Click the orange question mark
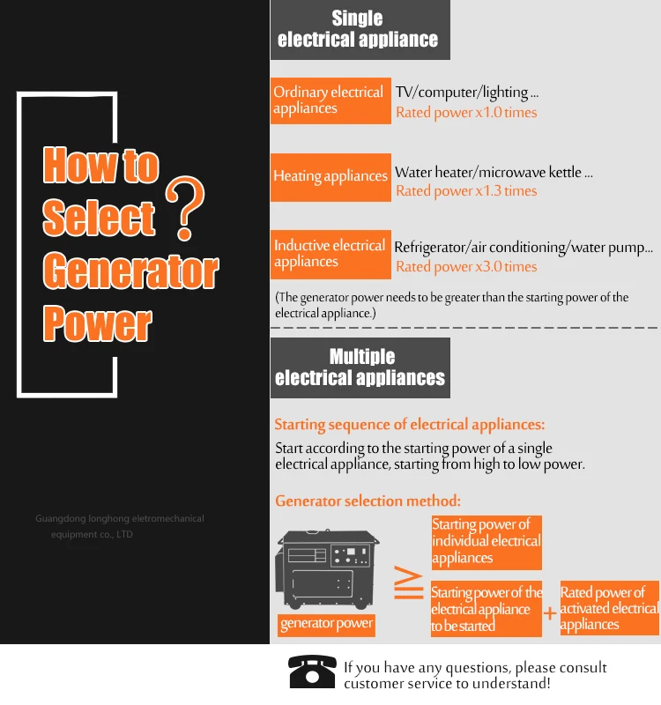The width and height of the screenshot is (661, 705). tap(184, 208)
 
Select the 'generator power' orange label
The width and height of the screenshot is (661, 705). tap(326, 624)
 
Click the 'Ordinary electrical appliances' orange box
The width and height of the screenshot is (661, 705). tap(329, 100)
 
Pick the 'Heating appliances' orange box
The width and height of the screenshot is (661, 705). tap(330, 176)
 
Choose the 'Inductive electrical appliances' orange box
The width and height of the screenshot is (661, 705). tap(330, 253)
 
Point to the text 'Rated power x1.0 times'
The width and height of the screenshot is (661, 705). tap(466, 113)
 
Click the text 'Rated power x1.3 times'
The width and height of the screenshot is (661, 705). tap(466, 191)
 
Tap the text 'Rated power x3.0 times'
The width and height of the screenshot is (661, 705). tap(466, 267)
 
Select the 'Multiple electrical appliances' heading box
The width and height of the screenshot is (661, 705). tap(360, 367)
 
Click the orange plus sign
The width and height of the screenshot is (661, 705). tap(550, 612)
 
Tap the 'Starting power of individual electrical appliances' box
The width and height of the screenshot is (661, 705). tap(486, 542)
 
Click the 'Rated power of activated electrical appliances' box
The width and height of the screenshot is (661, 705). tap(609, 608)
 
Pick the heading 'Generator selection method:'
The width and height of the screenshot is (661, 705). tap(368, 501)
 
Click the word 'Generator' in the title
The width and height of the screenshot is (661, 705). tap(130, 272)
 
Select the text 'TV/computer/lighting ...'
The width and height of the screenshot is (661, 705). tap(467, 93)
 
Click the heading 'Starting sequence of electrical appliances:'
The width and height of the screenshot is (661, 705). tap(409, 426)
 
